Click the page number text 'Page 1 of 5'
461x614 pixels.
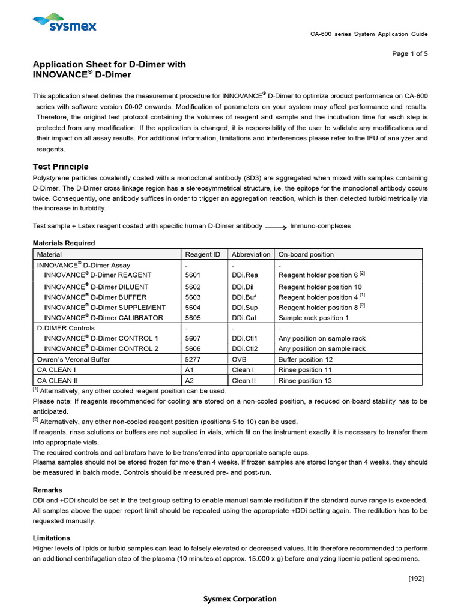coord(410,54)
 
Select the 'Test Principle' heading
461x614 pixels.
coord(60,167)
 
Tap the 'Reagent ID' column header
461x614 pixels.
coord(203,254)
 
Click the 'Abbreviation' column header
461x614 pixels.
coord(251,254)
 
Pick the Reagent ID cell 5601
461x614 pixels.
coord(193,275)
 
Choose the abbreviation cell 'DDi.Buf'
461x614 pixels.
coord(245,297)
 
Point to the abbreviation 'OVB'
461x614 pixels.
coord(239,359)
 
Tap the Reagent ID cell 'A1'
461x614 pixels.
coord(190,370)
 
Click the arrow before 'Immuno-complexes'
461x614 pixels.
coord(275,227)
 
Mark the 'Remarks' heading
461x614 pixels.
coord(47,490)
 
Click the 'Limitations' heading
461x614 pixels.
coord(51,538)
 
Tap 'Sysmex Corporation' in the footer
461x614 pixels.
coord(240,599)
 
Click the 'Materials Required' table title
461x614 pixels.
coord(63,243)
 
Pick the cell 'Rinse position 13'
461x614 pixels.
coord(305,380)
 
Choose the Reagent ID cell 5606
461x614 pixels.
coord(193,348)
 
